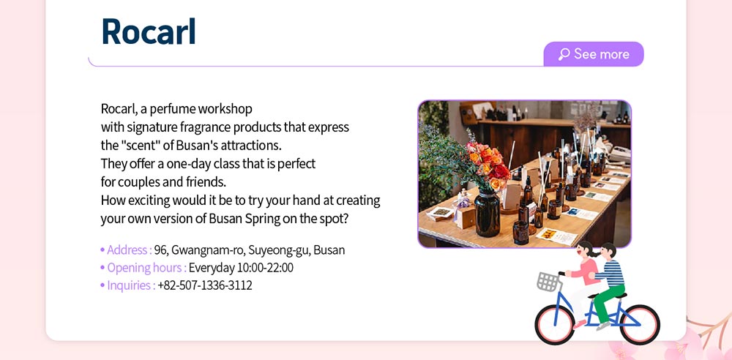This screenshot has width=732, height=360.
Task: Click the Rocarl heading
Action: (x=149, y=31)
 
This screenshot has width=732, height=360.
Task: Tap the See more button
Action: (x=594, y=54)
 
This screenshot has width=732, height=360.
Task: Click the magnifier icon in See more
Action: (x=564, y=54)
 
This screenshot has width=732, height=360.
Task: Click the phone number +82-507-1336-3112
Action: (x=205, y=285)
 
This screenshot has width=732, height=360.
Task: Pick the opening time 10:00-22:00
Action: (x=265, y=268)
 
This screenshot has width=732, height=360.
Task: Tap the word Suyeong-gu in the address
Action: (x=279, y=250)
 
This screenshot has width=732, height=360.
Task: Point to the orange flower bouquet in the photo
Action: (x=488, y=164)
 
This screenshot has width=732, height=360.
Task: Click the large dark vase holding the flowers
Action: (x=488, y=212)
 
